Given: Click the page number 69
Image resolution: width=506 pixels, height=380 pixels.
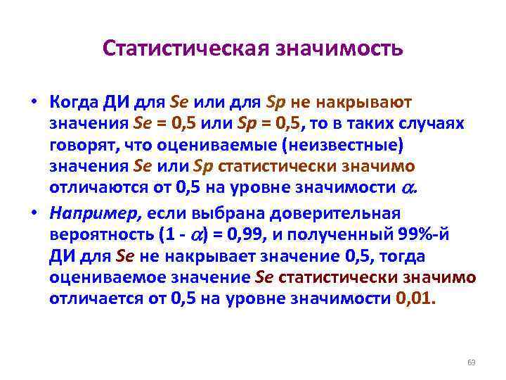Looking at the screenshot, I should pyautogui.click(x=471, y=362).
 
